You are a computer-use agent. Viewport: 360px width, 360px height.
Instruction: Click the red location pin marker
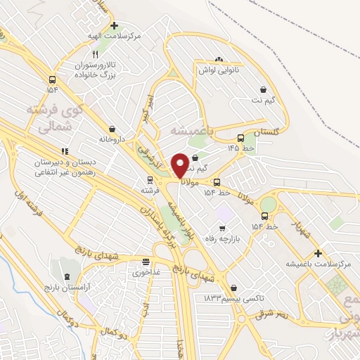point(180,165)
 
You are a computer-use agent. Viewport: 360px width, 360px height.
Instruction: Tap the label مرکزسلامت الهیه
point(119,35)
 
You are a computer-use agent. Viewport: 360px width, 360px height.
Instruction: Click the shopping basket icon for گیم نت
point(263,89)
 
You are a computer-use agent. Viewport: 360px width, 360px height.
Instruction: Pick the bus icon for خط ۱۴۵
point(241,138)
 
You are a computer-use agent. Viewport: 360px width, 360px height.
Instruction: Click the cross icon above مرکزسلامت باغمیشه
point(318,253)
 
